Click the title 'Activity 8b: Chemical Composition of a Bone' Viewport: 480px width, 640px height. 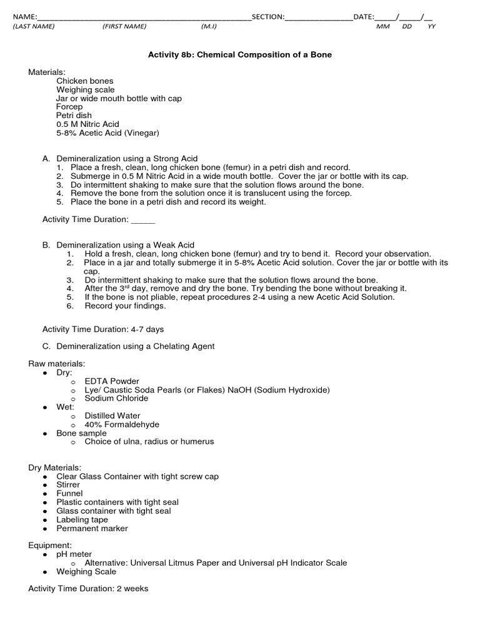click(239, 55)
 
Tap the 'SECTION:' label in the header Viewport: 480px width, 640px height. click(268, 17)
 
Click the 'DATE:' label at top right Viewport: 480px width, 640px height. click(364, 17)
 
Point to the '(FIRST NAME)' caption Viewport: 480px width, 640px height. click(124, 26)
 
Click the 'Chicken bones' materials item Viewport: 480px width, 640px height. click(85, 81)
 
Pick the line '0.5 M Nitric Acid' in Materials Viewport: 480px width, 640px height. click(87, 124)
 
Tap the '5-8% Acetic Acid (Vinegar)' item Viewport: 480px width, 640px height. click(107, 133)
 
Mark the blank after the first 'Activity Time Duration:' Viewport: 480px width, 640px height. click(142, 219)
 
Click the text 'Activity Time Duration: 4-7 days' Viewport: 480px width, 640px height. click(103, 329)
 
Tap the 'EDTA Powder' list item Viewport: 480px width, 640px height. click(112, 381)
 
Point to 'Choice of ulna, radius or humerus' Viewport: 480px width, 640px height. click(149, 442)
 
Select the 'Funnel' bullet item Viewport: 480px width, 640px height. click(69, 494)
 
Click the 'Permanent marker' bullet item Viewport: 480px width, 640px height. click(92, 529)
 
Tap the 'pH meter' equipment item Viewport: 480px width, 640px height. click(74, 554)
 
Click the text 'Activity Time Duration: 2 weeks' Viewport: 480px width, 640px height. click(88, 589)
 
